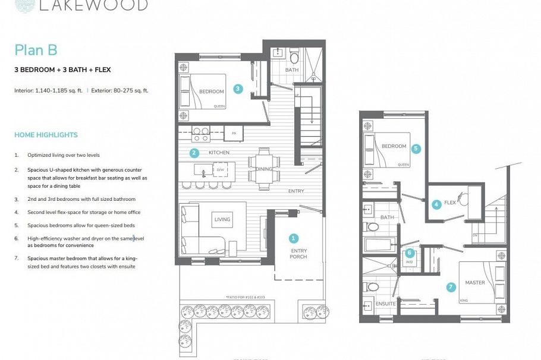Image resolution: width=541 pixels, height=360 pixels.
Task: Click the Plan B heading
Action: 36,50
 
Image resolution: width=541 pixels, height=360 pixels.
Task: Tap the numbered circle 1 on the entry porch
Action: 293,238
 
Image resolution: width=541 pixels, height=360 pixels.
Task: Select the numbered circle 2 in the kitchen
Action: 194,153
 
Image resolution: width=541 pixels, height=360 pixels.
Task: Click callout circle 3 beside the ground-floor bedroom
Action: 238,89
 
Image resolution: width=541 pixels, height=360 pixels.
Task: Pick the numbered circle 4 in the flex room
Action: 436,204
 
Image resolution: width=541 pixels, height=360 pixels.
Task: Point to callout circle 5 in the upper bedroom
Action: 410,252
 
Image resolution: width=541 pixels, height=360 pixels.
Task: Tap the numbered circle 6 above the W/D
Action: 451,287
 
